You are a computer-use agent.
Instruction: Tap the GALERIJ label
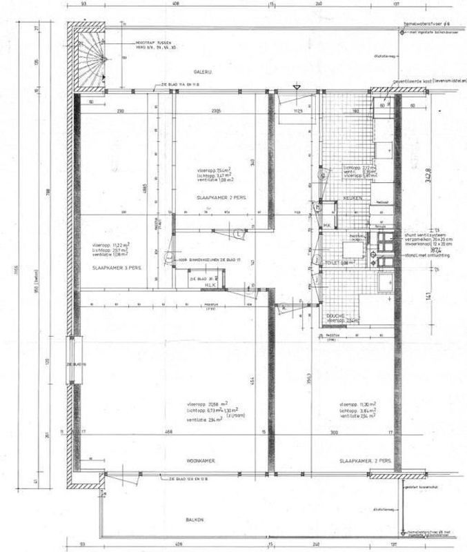coord(202,72)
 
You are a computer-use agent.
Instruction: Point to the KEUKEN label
coord(353,197)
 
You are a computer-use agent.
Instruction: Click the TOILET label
coord(335,263)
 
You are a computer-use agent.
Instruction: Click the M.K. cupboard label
coord(328,226)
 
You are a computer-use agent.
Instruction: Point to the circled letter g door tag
coord(321,175)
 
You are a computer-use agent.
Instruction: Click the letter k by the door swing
coord(283,306)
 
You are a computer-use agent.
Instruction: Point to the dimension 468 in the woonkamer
coord(168,432)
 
